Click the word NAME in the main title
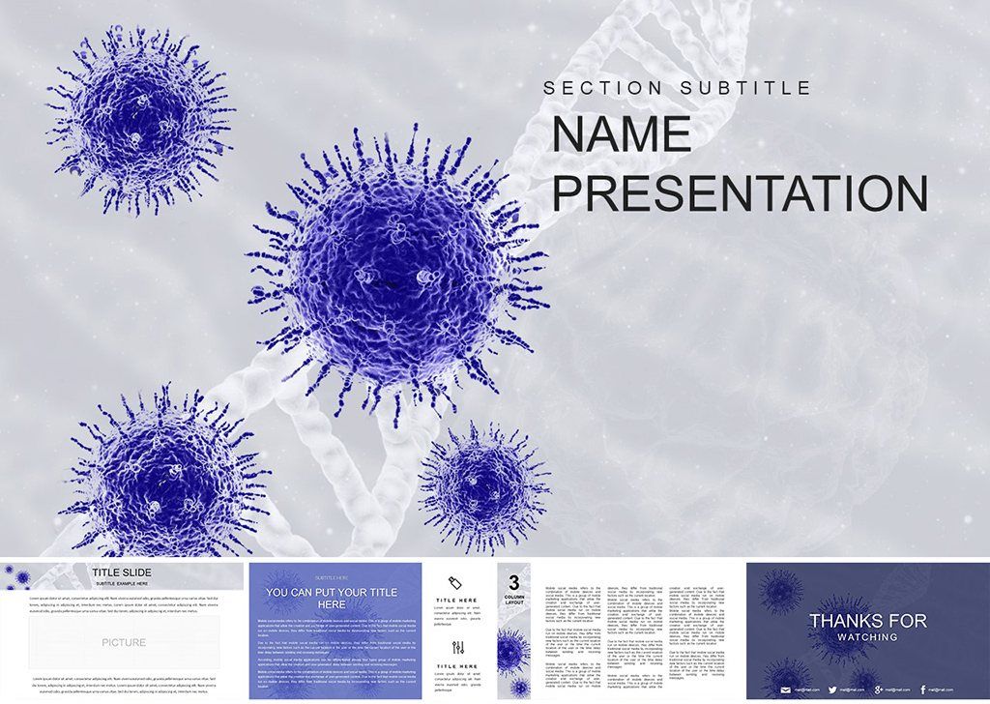[x=622, y=134]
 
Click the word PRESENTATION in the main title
[x=740, y=193]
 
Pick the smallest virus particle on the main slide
[x=482, y=484]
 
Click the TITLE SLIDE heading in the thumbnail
[x=121, y=572]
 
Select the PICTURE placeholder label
[x=124, y=642]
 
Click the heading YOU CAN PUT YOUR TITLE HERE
[x=332, y=598]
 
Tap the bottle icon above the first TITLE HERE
[x=457, y=581]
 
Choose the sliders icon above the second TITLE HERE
[x=457, y=648]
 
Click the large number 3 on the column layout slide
[x=513, y=582]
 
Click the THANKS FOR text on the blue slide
[x=867, y=621]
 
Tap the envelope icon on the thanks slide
[x=786, y=689]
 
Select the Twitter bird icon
[x=831, y=689]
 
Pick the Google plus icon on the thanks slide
[x=878, y=689]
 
